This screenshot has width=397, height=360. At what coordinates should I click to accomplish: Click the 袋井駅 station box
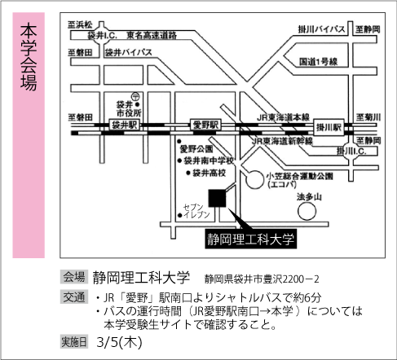[x=125, y=125]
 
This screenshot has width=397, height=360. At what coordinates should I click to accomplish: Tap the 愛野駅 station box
[x=205, y=125]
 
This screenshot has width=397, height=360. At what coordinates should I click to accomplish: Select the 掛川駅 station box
[x=329, y=127]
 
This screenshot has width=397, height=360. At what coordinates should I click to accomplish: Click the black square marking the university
[x=217, y=198]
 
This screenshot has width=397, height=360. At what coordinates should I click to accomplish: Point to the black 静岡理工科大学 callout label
[x=251, y=239]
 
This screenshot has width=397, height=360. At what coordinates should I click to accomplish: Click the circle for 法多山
[x=307, y=211]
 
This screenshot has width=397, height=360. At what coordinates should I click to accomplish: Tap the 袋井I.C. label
[x=102, y=35]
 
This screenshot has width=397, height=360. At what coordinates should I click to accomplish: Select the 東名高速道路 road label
[x=152, y=35]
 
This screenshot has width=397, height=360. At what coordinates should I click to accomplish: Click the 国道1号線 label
[x=319, y=62]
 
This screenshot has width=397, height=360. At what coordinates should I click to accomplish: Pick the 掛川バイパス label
[x=321, y=29]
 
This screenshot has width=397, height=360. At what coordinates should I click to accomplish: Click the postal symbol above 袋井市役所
[x=135, y=96]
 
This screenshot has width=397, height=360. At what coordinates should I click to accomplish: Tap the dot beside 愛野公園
[x=179, y=142]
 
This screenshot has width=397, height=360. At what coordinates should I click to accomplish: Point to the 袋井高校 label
[x=210, y=173]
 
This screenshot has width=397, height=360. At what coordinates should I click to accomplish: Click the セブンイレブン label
[x=196, y=211]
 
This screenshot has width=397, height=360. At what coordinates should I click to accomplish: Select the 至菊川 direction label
[x=368, y=117]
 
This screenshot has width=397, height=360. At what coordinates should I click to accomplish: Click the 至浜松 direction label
[x=80, y=25]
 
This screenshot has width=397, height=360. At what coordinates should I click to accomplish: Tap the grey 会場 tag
[x=74, y=277]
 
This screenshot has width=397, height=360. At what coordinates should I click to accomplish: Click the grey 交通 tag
[x=74, y=296]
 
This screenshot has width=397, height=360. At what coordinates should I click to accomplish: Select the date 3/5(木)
[x=119, y=342]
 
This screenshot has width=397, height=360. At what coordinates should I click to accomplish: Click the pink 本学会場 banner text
[x=29, y=56]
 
